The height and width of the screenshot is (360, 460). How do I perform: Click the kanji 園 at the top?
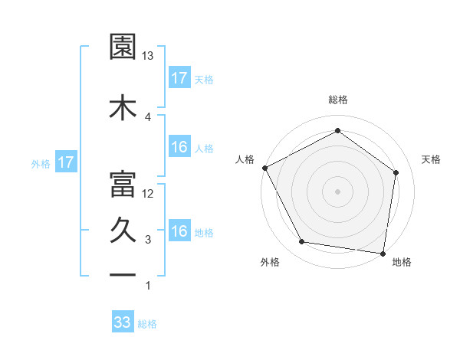(123, 47)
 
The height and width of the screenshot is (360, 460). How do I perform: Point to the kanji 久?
(123, 231)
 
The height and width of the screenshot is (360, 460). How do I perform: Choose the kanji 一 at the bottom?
(123, 275)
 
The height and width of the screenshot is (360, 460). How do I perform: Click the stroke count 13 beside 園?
(148, 56)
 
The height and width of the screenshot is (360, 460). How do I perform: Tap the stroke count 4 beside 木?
(148, 117)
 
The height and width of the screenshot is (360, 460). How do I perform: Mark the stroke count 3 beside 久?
(148, 240)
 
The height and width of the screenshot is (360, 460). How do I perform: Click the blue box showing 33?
(123, 322)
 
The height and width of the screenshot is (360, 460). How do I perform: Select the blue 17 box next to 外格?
(65, 162)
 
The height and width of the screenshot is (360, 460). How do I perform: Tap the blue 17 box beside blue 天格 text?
(179, 78)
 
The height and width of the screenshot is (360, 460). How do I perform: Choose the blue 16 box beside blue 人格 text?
(179, 147)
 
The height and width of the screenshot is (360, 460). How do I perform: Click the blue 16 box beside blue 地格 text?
(179, 231)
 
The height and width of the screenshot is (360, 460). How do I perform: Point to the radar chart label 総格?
(338, 100)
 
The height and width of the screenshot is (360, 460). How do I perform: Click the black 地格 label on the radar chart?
(402, 263)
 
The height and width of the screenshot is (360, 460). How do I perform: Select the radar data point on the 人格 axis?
(264, 168)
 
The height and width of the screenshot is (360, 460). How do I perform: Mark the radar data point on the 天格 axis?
(396, 172)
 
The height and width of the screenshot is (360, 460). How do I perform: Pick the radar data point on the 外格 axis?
(302, 242)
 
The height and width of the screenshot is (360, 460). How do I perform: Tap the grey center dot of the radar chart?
(338, 191)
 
